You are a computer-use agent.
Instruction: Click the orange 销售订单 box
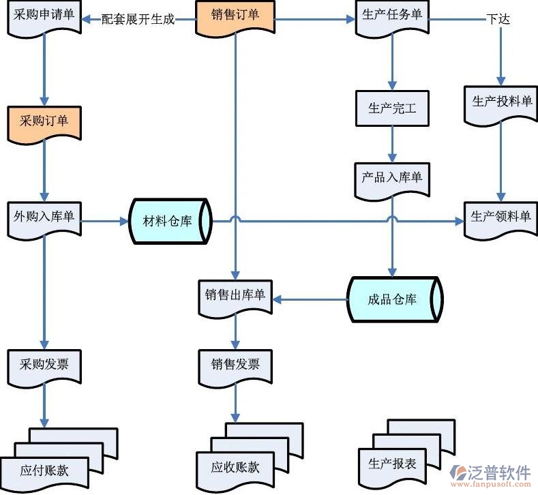[235, 16]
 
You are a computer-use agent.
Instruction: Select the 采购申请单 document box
[44, 16]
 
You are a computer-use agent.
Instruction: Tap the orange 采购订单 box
[44, 123]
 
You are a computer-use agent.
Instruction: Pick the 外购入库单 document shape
[44, 218]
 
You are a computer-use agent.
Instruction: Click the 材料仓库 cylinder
[168, 222]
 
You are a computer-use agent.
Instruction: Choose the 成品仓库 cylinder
[393, 299]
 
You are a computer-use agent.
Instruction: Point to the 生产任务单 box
[393, 16]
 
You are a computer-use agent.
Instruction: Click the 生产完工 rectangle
[392, 108]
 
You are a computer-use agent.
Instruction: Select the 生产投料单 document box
[501, 103]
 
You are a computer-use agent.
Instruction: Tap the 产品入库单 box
[391, 179]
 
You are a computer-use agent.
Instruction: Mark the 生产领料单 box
[501, 218]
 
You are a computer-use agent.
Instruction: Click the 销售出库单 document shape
[235, 297]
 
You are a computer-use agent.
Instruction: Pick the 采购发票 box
[44, 365]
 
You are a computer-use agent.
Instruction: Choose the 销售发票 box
[235, 365]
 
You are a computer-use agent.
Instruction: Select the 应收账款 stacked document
[235, 468]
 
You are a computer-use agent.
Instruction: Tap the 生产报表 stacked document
[393, 464]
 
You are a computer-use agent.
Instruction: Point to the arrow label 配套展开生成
[138, 20]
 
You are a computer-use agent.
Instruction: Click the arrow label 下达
[498, 19]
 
